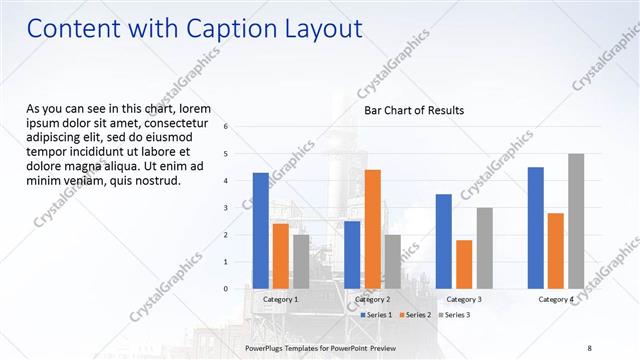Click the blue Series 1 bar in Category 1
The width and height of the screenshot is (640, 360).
click(261, 230)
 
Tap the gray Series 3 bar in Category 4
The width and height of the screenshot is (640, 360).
click(575, 221)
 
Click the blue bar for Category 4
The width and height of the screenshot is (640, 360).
click(535, 227)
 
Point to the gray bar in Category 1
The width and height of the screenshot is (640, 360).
click(301, 261)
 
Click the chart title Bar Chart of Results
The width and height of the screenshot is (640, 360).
click(413, 110)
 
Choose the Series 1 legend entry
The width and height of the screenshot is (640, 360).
click(376, 315)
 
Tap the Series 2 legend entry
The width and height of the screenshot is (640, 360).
click(415, 315)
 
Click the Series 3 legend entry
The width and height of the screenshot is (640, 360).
click(454, 315)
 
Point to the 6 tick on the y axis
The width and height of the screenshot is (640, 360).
click(227, 127)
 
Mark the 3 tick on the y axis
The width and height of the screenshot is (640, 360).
click(227, 208)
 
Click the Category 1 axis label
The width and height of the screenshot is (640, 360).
click(281, 299)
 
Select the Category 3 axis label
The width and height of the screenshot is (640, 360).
click(464, 299)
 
